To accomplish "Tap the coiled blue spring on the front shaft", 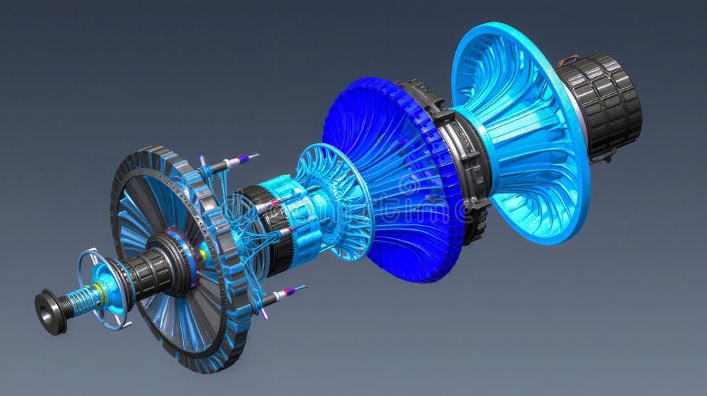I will (84, 300).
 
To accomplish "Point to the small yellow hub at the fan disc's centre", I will (203, 254).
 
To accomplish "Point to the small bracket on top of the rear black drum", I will (569, 61).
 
